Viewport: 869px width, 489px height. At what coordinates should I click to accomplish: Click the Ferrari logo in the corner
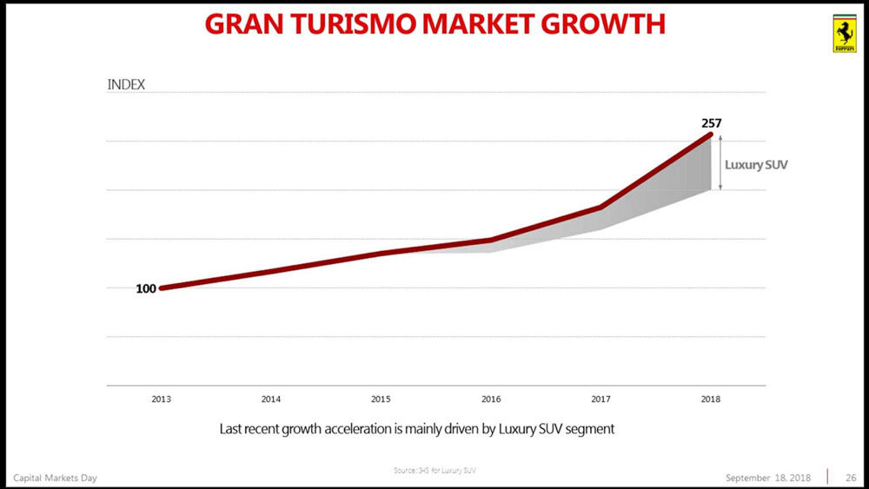tap(843, 34)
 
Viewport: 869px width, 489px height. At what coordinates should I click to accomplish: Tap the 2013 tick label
tap(161, 400)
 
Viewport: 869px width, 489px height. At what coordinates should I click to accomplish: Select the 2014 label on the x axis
tap(271, 400)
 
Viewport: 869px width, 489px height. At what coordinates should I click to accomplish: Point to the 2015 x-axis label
tap(381, 400)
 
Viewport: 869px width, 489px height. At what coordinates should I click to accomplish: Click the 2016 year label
tap(491, 400)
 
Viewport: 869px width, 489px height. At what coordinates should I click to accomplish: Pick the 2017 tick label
tap(600, 400)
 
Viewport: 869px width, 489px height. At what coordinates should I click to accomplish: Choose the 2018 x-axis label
tap(710, 400)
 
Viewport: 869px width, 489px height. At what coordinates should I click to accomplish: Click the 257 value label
tap(712, 123)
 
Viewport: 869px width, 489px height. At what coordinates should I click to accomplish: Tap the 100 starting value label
tap(146, 289)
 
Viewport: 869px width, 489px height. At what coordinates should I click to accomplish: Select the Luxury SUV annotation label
tap(756, 164)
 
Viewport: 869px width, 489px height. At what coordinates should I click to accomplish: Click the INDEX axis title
tap(126, 85)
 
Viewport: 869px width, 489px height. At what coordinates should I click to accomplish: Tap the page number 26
tap(851, 478)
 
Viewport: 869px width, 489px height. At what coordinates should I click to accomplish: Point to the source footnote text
tap(434, 471)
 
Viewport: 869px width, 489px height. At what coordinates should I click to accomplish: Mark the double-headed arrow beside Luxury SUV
tap(720, 163)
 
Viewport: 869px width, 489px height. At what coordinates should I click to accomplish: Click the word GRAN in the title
tap(246, 23)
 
